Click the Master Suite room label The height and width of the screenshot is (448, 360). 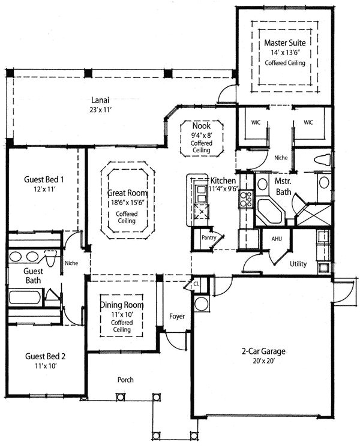coord(285,43)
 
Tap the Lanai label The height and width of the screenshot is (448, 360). coord(100,100)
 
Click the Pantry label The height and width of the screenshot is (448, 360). coord(208,237)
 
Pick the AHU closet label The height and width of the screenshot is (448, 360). coord(277,239)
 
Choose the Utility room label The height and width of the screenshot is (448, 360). coord(298,263)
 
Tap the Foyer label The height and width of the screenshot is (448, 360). coord(177,316)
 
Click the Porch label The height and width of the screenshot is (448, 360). coord(125,380)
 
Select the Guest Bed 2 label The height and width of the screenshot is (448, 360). coord(45,356)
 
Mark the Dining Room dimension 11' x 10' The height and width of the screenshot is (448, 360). coord(122,314)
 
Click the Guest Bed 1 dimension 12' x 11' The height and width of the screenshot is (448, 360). coord(44,188)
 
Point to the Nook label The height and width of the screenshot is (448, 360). coord(201,127)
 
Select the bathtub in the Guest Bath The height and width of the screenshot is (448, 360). coord(27,297)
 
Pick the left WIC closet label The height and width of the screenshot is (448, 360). coord(256,122)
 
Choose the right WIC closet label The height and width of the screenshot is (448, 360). coord(308,122)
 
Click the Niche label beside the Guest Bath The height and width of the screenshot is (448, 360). coord(71,262)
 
